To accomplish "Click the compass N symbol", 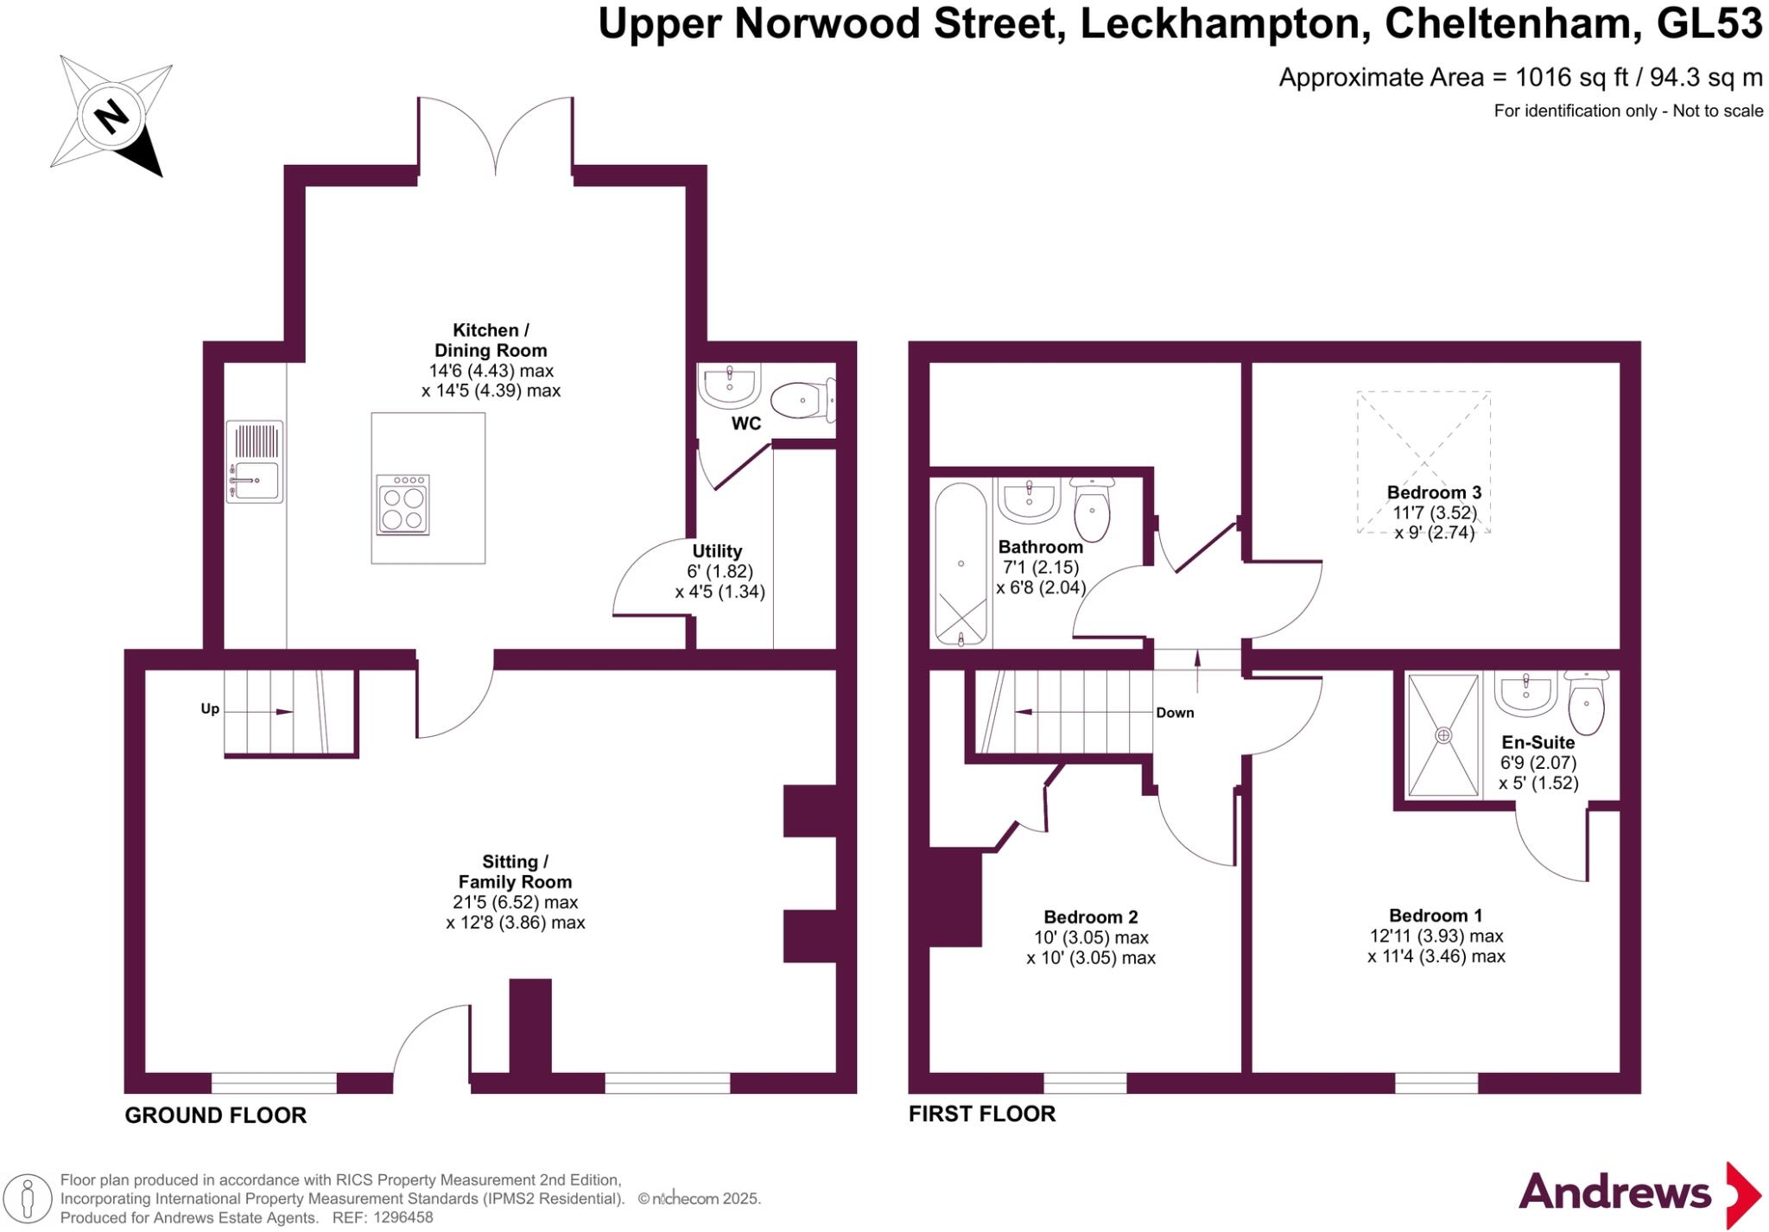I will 111,116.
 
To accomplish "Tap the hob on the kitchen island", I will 403,504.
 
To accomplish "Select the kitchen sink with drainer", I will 255,462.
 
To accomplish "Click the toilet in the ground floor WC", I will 802,401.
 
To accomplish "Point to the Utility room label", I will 717,551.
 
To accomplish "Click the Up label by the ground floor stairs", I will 210,709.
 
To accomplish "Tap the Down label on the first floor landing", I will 1175,713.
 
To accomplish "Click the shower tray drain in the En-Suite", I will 1443,735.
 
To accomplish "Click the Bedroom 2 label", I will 1090,918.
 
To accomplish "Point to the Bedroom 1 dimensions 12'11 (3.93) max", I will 1436,937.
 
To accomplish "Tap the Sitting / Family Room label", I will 515,872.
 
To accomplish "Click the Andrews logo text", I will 1614,1193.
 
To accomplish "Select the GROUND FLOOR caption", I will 215,1115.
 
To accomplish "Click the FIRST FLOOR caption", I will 981,1114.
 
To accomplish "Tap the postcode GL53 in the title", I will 1709,24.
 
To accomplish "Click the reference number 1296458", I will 401,1217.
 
